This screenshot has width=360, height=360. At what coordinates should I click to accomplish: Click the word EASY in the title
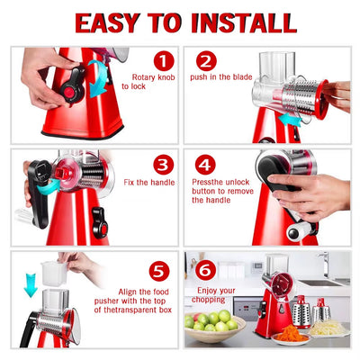click(112, 22)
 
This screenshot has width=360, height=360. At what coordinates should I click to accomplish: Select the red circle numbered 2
click(207, 61)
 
